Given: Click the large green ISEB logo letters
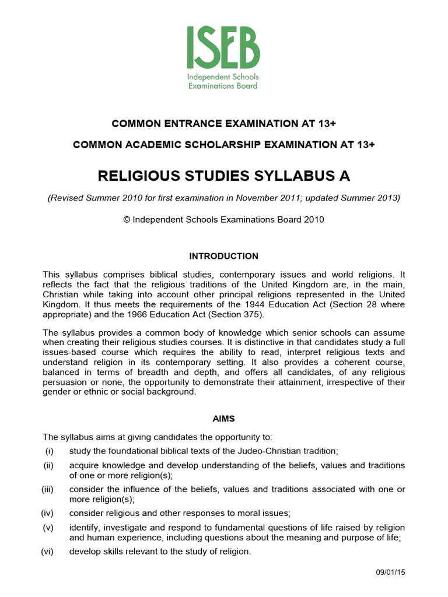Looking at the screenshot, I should (x=223, y=48).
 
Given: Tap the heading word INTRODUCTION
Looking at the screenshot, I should (x=223, y=256).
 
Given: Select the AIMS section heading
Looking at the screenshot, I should (x=223, y=419).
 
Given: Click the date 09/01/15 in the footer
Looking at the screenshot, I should (x=390, y=573).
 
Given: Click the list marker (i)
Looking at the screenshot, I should (x=50, y=451).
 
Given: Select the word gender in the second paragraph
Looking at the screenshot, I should (x=57, y=392).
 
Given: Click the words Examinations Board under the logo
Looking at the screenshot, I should (x=223, y=86).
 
